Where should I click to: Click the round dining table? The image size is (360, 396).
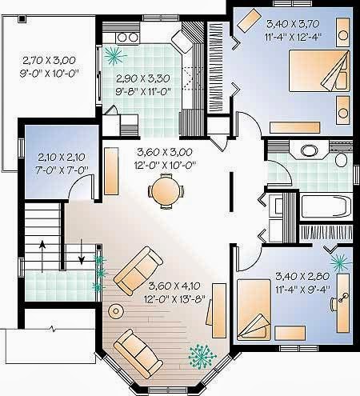pos(166,190)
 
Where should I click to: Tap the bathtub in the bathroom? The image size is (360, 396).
pos(326,206)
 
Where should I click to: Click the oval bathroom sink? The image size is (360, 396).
pos(309,150)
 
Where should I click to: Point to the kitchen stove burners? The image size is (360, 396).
pos(127,38)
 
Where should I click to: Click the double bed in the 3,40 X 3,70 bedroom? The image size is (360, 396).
pos(319,70)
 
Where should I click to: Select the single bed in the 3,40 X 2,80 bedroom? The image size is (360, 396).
pos(254,310)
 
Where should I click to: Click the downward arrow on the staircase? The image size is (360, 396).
pos(82,251)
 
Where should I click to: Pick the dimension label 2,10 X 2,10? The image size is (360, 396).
pos(62,157)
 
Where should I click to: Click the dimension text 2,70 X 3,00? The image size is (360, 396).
pos(49,61)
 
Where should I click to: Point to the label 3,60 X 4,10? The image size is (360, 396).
pos(174,286)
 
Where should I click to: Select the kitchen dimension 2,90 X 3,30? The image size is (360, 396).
pos(143,78)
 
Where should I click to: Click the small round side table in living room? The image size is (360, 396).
pos(116,311)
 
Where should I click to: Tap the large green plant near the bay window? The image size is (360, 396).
pos(202,356)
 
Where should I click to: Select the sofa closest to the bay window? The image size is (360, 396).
pos(138,350)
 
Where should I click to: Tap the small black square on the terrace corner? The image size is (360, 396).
pos(22,18)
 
